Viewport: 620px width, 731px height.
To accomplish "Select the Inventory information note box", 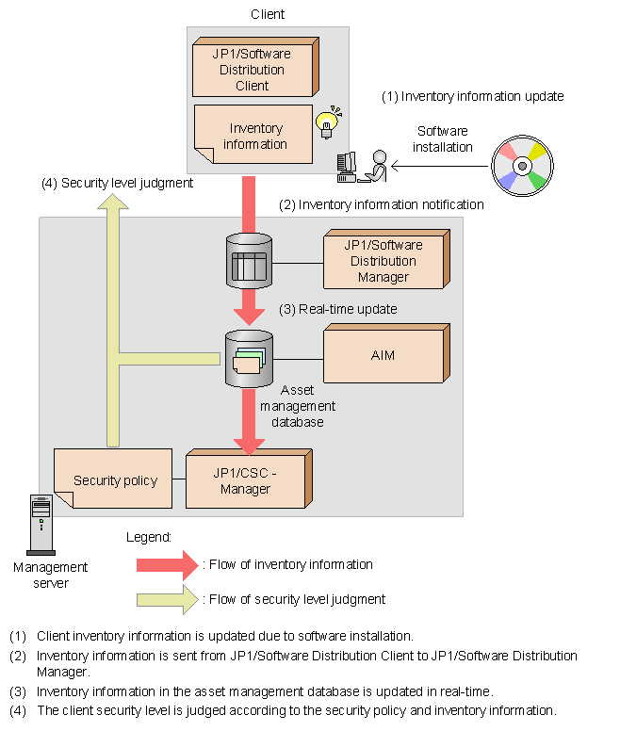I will tap(253, 135).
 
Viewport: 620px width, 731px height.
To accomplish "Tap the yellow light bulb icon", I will tap(328, 122).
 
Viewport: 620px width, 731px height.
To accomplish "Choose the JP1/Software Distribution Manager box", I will tap(383, 260).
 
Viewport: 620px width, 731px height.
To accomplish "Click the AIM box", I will tap(383, 355).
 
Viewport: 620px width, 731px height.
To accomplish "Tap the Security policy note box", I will tap(114, 479).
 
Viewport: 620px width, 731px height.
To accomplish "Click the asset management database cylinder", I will tap(249, 358).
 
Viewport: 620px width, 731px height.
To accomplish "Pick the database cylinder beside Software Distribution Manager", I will tap(249, 261).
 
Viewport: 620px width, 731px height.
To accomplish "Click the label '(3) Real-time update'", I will tap(338, 309).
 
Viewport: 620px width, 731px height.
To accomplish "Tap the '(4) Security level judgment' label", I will tap(117, 184).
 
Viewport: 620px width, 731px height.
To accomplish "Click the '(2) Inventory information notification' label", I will tap(382, 204).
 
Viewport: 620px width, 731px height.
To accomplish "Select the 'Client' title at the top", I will tap(268, 14).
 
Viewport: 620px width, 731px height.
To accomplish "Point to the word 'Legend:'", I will tap(148, 536).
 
